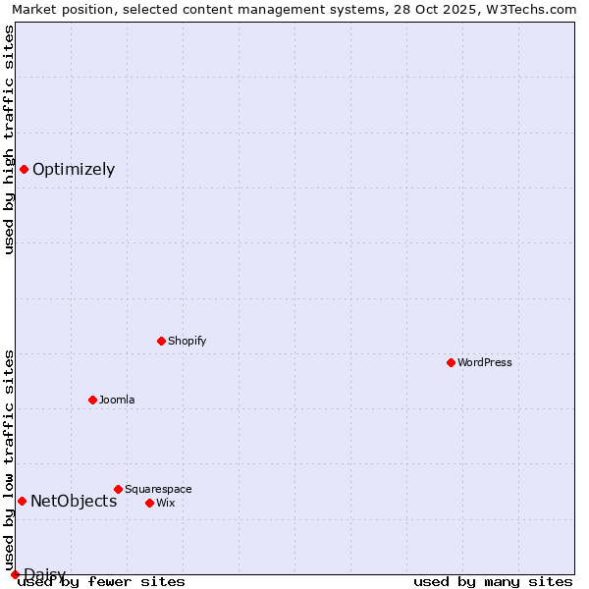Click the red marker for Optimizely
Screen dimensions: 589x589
(24, 169)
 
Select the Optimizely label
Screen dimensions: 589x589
(74, 170)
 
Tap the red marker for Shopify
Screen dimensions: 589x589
(161, 341)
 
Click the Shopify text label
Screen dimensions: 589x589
(187, 342)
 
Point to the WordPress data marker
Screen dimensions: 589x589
(451, 362)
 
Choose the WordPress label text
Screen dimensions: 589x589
(485, 363)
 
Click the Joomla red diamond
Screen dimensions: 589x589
(92, 400)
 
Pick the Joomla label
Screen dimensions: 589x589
(117, 401)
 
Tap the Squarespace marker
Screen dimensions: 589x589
(118, 489)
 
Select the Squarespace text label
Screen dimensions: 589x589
(158, 490)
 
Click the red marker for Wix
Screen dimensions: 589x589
(149, 503)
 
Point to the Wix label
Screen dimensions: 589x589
(166, 504)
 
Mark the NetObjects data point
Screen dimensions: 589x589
(22, 501)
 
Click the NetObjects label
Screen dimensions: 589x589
(74, 502)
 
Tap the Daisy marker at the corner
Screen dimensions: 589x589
(15, 574)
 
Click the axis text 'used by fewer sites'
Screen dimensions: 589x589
(101, 582)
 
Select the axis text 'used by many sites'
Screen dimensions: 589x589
(493, 582)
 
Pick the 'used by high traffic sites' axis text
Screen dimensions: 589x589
(9, 139)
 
